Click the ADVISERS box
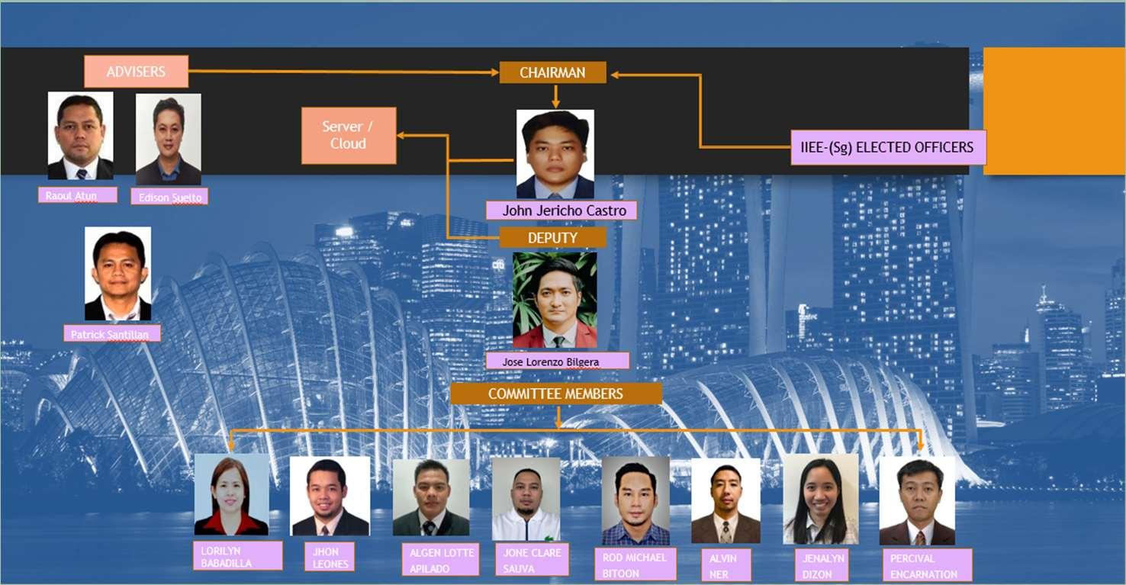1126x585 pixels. [136, 72]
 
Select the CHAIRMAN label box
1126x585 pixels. [552, 72]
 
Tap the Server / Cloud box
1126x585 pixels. [349, 136]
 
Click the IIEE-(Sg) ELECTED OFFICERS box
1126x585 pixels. [888, 147]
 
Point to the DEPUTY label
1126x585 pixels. [552, 238]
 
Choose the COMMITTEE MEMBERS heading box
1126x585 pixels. [555, 394]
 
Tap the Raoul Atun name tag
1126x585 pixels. [77, 195]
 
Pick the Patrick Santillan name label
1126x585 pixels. [112, 334]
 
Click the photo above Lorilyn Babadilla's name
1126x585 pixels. [231, 495]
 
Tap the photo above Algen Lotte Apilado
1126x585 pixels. [431, 497]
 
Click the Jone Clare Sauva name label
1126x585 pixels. [532, 560]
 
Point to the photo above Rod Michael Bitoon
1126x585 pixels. [635, 500]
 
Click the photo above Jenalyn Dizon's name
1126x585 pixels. [820, 500]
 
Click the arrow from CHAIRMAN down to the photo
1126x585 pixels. [555, 96]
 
